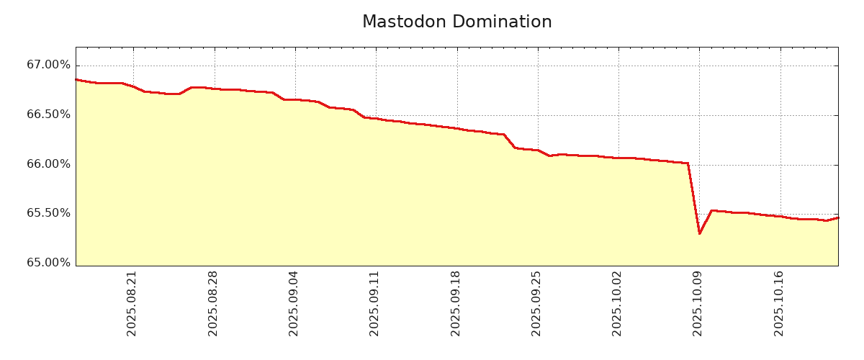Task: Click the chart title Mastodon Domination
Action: coord(456,22)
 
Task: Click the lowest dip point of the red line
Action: coord(699,233)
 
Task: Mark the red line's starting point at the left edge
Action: coord(76,80)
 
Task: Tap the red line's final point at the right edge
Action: coord(837,217)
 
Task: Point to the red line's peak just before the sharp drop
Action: coord(688,163)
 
